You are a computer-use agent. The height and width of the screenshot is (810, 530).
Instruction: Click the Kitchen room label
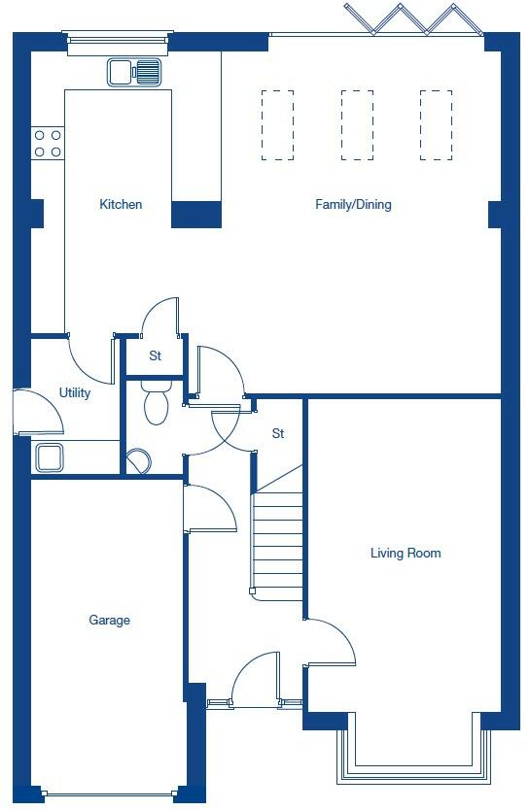pos(121,204)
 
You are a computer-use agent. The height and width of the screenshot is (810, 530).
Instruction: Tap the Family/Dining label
pos(353,204)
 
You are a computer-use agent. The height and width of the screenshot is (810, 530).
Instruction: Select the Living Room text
pos(406,554)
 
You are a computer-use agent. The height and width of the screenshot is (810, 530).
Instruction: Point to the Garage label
pos(109,620)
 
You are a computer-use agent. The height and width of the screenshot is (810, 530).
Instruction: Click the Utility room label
pos(75,393)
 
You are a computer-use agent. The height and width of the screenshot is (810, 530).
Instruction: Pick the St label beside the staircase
pos(278,433)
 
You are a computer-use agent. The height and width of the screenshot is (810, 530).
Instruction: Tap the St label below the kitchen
pos(155,356)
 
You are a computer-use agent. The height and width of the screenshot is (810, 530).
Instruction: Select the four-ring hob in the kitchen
pos(48,144)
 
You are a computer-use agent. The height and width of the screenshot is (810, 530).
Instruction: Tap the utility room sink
pos(49,456)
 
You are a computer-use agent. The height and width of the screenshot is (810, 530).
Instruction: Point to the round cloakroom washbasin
pos(137,460)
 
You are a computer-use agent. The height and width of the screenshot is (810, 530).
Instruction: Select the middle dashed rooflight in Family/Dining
pos(357,124)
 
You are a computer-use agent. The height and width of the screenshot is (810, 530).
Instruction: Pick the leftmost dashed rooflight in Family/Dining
pos(277,124)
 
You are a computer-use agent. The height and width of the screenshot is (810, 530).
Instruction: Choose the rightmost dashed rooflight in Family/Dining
pos(436,124)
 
